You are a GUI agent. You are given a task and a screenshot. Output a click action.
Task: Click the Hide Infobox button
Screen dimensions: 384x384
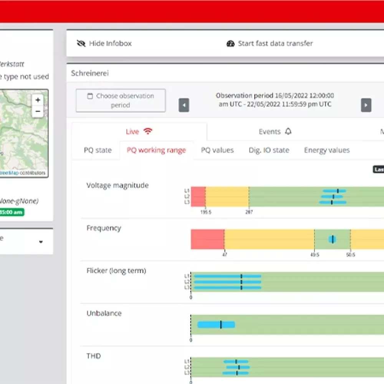104,43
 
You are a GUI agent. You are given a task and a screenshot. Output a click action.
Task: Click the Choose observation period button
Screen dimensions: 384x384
121,101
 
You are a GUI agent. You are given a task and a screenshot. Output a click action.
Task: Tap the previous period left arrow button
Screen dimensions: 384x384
184,105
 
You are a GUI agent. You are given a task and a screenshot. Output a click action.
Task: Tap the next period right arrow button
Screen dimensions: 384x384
366,105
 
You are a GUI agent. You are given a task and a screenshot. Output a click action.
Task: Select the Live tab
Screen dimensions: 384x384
139,132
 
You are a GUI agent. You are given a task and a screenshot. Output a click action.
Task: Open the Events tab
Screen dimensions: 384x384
275,132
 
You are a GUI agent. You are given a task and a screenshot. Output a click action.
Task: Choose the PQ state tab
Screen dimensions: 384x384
98,150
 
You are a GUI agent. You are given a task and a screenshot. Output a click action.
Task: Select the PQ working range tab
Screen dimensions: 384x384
156,150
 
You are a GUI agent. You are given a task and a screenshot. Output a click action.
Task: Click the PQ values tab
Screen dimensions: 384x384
217,150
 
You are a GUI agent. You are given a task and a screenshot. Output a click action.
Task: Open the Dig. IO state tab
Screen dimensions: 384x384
269,150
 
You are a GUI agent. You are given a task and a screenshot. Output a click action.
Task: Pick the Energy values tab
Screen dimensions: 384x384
327,150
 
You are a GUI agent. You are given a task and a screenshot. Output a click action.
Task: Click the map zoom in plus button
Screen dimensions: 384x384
38,100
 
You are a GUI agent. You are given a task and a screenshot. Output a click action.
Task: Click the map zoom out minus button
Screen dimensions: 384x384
38,112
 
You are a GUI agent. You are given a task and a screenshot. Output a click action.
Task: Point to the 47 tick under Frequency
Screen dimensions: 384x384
224,254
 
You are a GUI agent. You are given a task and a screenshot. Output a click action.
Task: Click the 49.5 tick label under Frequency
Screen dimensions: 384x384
314,254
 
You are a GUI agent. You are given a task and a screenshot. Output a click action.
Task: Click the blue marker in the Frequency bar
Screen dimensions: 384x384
332,239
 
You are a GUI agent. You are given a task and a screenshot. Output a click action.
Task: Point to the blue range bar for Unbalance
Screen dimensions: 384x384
216,324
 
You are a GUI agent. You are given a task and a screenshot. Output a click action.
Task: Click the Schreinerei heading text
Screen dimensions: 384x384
90,73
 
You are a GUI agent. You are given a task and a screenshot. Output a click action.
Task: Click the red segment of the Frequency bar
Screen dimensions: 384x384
207,239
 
